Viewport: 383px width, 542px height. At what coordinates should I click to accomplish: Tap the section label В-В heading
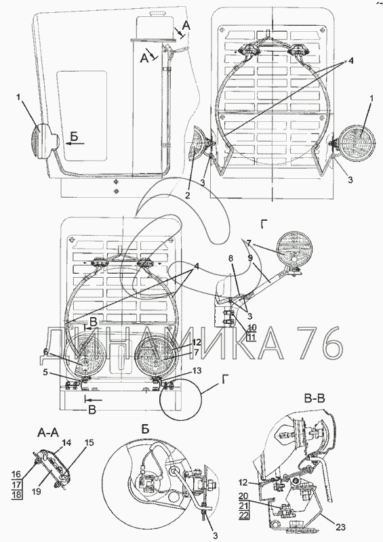pos(314,399)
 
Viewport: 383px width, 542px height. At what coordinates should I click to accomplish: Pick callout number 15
pos(89,443)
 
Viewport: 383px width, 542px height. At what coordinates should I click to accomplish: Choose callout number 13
pos(197,370)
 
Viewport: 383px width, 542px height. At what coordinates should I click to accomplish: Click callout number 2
pos(187,196)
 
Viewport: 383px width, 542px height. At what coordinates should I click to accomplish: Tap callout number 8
pos(231,258)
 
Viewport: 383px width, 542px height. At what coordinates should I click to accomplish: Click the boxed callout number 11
pos(251,337)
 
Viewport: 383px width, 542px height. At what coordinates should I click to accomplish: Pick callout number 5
pos(45,373)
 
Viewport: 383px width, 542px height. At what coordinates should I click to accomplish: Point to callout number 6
pos(45,352)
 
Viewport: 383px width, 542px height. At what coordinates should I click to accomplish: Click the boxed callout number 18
pos(17,495)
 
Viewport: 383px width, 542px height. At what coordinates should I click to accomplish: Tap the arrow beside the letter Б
pos(72,144)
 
